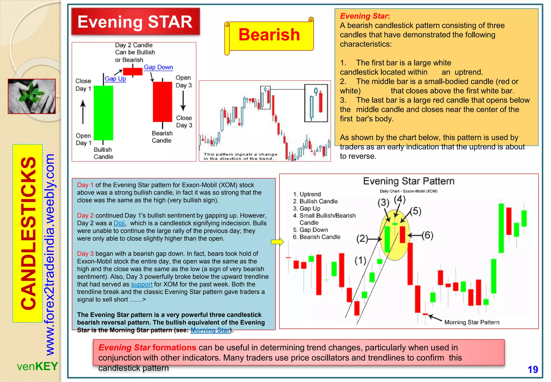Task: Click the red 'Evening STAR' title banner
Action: pyautogui.click(x=135, y=22)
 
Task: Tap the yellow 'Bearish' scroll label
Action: pyautogui.click(x=269, y=35)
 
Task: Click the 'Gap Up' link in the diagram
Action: pyautogui.click(x=115, y=79)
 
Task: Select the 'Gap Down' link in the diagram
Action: pyautogui.click(x=158, y=67)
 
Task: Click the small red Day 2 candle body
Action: pyautogui.click(x=132, y=71)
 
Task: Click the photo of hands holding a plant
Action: pyautogui.click(x=32, y=96)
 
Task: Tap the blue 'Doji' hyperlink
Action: pyautogui.click(x=119, y=223)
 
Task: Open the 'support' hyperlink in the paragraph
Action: pyautogui.click(x=142, y=284)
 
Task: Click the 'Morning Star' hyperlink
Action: pyautogui.click(x=210, y=330)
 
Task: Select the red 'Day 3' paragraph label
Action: pyautogui.click(x=85, y=253)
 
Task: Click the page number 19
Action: pyautogui.click(x=532, y=369)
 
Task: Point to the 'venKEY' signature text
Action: pyautogui.click(x=37, y=366)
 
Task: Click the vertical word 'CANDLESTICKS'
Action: pyautogui.click(x=28, y=233)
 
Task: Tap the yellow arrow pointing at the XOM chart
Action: pyautogui.click(x=277, y=242)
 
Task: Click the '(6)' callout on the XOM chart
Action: pyautogui.click(x=427, y=235)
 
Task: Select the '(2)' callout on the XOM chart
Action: pyautogui.click(x=362, y=238)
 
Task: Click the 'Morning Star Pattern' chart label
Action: pyautogui.click(x=472, y=322)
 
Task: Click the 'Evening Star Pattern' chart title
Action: pyautogui.click(x=408, y=181)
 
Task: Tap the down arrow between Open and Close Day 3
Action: pyautogui.click(x=183, y=101)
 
